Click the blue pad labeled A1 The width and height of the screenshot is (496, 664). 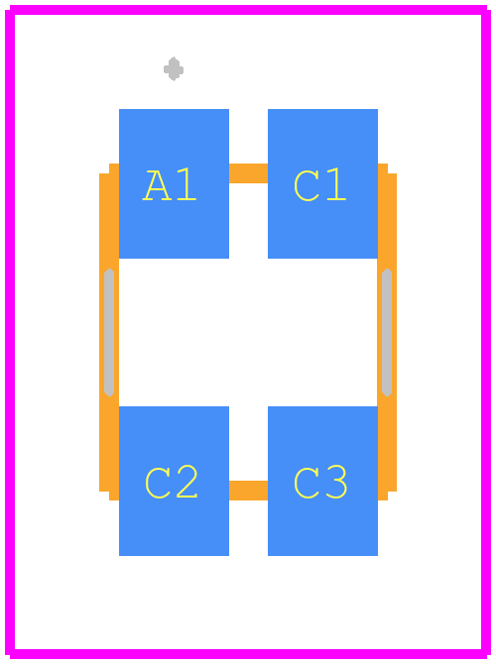point(174,183)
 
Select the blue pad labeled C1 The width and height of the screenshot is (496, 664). point(322,183)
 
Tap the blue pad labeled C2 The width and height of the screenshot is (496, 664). point(174,481)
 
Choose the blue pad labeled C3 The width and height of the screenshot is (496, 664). point(322,481)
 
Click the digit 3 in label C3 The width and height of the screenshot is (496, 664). point(337,482)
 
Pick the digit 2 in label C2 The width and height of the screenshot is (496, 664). point(186,482)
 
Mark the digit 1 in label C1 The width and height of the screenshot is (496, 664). point(335,183)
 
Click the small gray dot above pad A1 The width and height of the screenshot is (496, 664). point(174,69)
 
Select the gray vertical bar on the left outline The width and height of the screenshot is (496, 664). point(109,332)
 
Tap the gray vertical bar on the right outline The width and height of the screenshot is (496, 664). point(387,332)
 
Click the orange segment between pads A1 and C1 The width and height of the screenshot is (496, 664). point(248,173)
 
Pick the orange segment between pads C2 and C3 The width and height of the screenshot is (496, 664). point(248,491)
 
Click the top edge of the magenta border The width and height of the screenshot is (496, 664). point(248,10)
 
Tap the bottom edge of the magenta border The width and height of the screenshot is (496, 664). point(248,654)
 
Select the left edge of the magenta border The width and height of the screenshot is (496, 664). point(10,332)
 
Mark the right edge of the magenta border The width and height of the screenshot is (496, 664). point(486,332)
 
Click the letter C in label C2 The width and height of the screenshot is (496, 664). point(158,484)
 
